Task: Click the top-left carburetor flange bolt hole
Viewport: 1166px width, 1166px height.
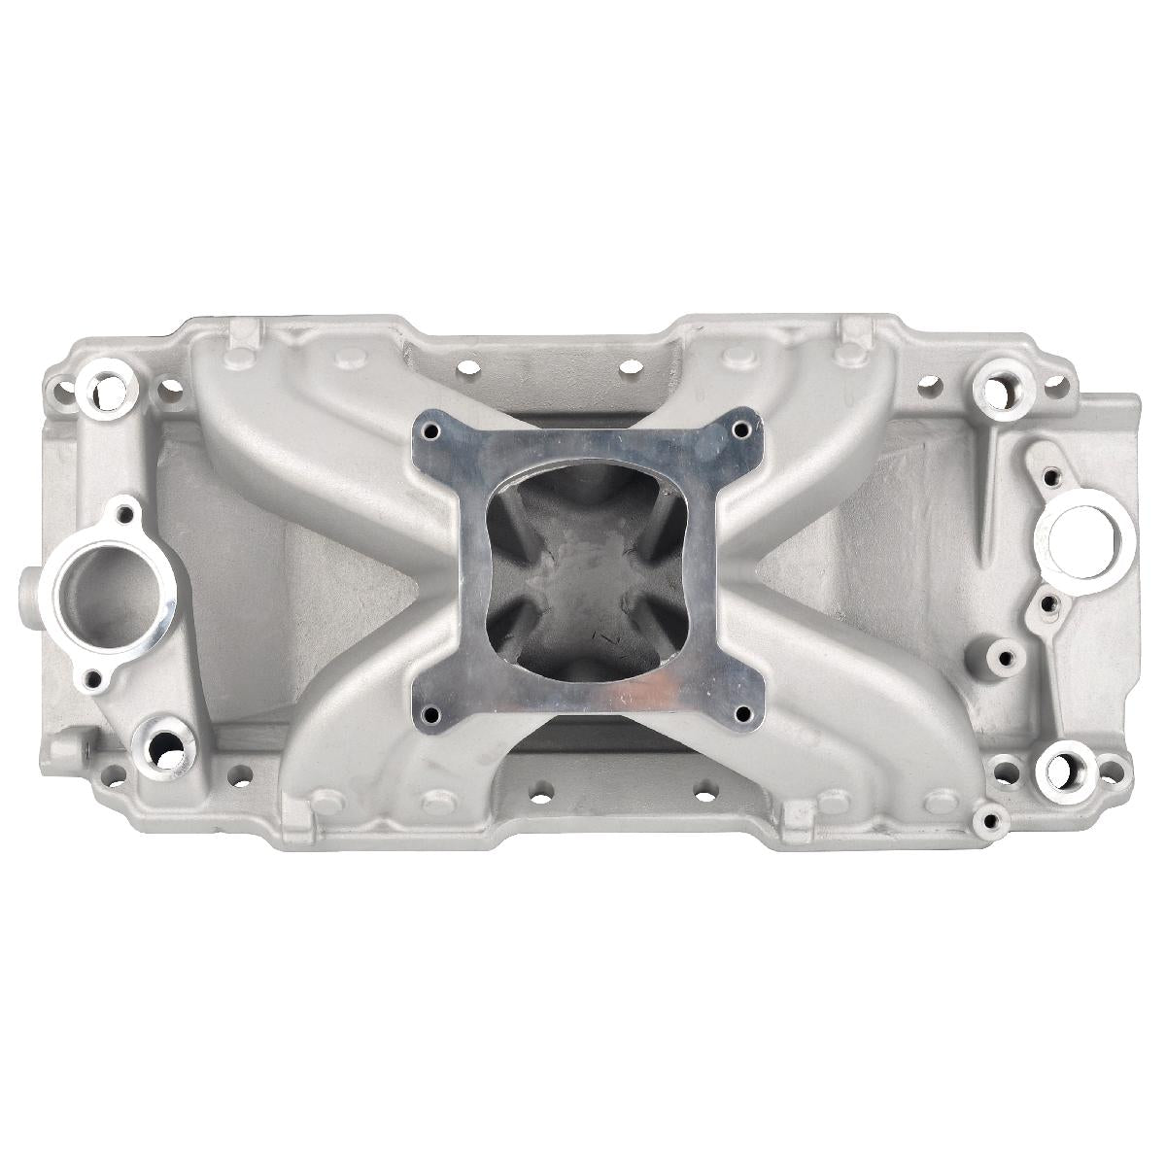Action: click(x=431, y=431)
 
